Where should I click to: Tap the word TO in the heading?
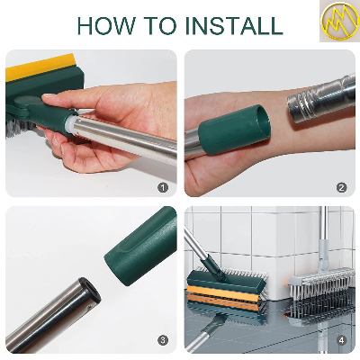tap(159, 24)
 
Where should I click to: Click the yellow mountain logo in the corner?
tap(337, 22)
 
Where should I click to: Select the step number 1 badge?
tap(163, 187)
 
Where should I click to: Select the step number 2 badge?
tap(341, 187)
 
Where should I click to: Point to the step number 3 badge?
tap(163, 339)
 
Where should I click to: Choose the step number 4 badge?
tap(341, 339)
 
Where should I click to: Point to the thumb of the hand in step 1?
tap(67, 126)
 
